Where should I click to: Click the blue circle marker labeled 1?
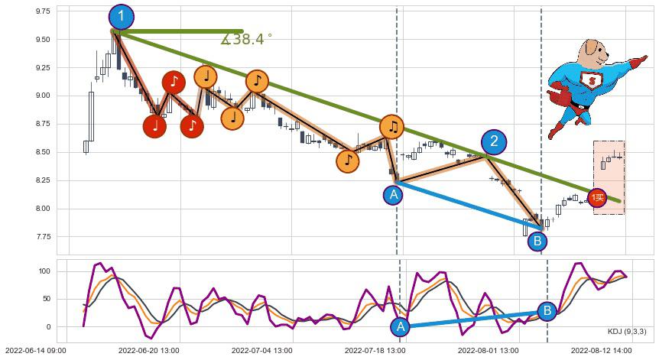121,17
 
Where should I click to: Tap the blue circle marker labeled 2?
494,141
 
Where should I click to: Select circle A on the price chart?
394,195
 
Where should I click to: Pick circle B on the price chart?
537,242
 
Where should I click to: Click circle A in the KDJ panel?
400,327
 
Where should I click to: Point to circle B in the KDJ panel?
547,311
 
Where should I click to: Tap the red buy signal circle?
597,198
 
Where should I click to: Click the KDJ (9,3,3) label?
626,331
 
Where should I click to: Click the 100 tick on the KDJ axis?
44,271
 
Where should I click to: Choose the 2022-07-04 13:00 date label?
262,351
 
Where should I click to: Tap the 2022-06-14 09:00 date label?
34,351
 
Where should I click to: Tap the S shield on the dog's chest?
589,80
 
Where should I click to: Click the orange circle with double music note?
391,127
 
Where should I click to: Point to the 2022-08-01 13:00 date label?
489,351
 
